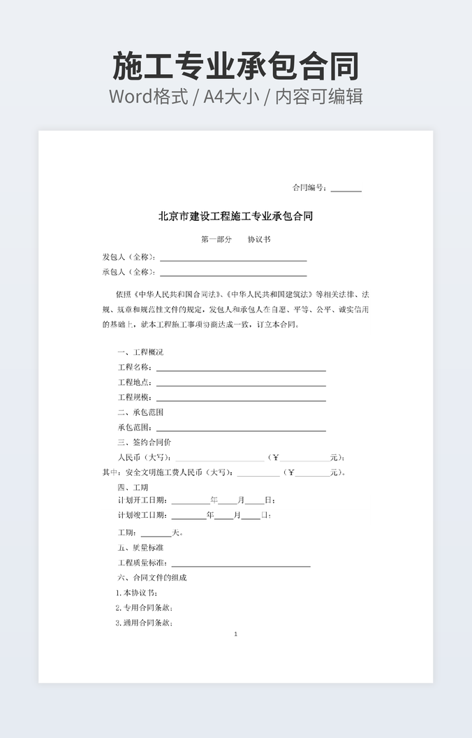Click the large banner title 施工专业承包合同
236,66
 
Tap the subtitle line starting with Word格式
236,96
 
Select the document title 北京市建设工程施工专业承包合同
236,217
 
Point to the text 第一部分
216,240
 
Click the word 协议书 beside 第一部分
259,240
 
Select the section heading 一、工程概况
140,352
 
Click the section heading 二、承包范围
140,412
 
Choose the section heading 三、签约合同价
145,442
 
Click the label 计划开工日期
142,500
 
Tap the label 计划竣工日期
142,516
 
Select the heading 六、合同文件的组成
152,578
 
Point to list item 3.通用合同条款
144,623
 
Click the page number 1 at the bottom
236,635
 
